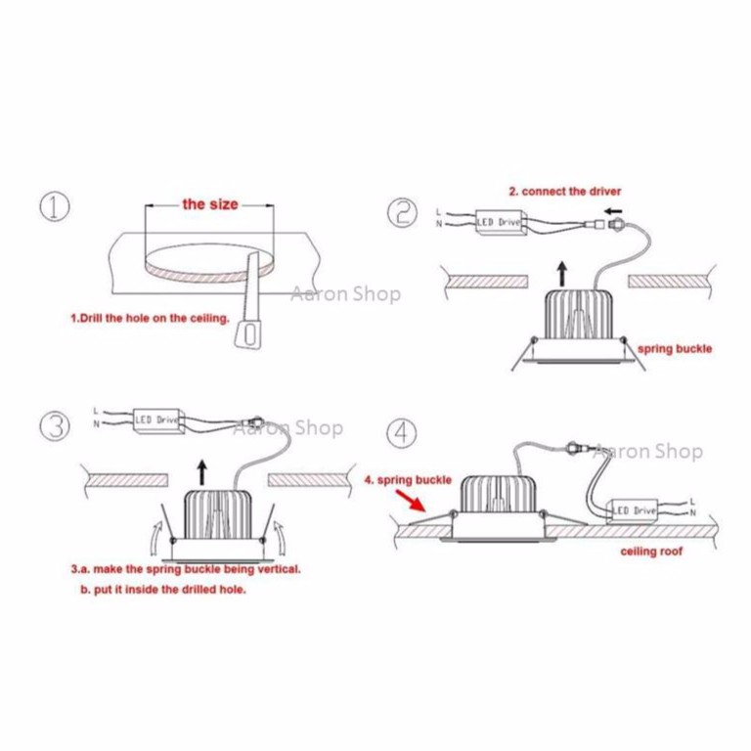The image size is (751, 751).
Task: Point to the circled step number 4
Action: tap(400, 430)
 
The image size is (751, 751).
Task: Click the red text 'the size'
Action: tap(208, 204)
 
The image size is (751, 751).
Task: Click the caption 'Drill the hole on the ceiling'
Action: tap(150, 318)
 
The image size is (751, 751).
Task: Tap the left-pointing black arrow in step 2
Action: tap(612, 210)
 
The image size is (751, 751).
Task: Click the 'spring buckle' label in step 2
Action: tap(674, 348)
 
